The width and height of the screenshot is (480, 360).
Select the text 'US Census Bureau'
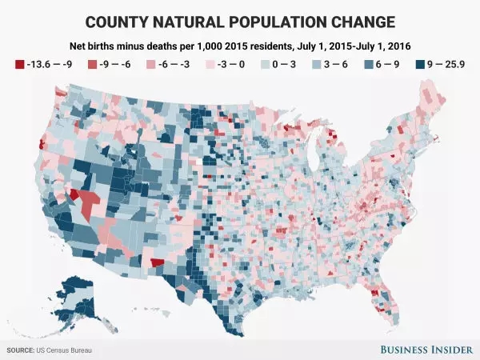tap(70, 350)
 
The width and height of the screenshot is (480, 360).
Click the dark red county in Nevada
tap(74, 194)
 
